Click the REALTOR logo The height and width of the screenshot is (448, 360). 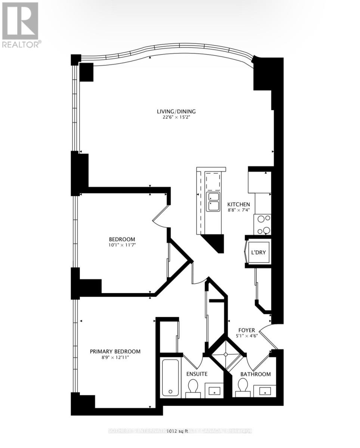coord(21,25)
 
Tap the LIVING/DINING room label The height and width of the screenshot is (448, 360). coord(176,111)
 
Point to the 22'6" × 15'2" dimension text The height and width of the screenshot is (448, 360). coord(176,117)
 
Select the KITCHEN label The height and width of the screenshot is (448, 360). coord(239,205)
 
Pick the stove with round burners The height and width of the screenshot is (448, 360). coord(263,224)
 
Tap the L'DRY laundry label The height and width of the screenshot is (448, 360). coord(258,253)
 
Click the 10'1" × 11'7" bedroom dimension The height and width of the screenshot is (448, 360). coord(122,245)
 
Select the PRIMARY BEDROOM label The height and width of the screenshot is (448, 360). coord(115,351)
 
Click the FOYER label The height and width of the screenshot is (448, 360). coord(247,330)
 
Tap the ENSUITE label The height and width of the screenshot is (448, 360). coord(197,374)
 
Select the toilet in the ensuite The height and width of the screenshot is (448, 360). coord(193,386)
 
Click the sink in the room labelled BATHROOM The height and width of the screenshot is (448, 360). coord(266,391)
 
